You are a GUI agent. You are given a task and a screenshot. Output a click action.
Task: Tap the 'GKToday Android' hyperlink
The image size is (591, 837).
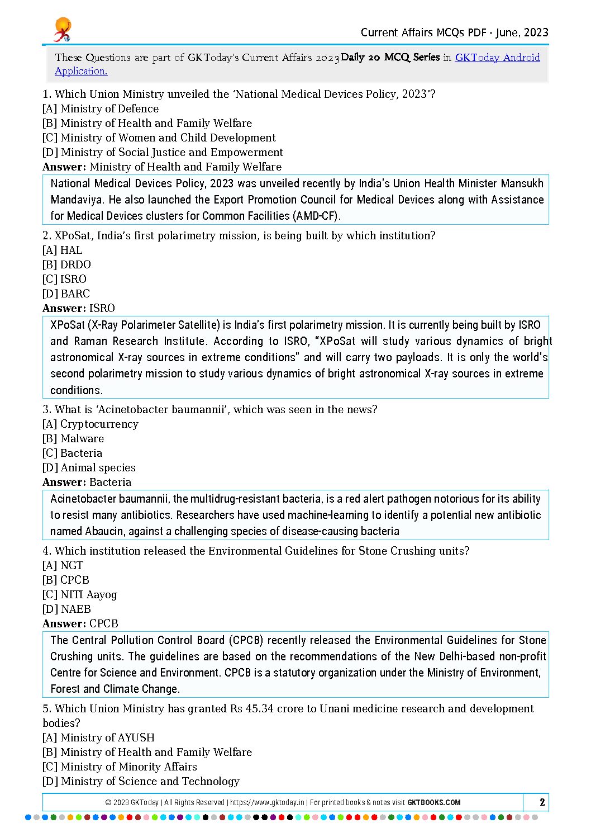point(497,58)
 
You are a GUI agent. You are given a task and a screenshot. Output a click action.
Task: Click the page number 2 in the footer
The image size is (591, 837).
point(542,802)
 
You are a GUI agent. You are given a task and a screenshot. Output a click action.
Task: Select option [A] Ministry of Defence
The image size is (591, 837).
point(101,109)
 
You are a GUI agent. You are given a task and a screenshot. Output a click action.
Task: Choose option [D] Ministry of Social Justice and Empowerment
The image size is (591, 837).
point(163,153)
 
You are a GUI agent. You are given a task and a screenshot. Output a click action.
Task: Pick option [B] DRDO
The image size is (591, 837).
point(66,265)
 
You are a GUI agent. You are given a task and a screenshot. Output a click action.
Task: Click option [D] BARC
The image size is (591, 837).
point(66,294)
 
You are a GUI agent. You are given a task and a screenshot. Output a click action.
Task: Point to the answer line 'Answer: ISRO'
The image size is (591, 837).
point(79,309)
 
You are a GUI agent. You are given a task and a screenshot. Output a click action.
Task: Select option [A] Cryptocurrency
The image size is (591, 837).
point(90,424)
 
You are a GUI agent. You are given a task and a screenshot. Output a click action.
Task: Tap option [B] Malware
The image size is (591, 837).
point(73,439)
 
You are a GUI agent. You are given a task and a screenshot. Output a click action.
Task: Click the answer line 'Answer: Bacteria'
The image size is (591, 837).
point(87,483)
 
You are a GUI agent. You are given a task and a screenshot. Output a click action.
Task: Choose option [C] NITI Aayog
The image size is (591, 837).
point(80,595)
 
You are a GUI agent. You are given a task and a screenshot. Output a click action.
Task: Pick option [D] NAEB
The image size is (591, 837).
point(66,609)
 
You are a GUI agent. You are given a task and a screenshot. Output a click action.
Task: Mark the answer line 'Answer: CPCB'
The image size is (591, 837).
point(80,624)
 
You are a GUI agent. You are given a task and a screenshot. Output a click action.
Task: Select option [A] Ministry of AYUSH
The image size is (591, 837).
point(99,738)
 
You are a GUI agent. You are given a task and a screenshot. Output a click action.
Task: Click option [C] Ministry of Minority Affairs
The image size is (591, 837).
point(120,767)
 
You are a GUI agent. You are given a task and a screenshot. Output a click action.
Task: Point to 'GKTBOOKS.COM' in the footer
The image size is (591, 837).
point(434,802)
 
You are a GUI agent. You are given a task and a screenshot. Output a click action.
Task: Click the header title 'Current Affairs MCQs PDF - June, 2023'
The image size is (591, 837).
point(454,32)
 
